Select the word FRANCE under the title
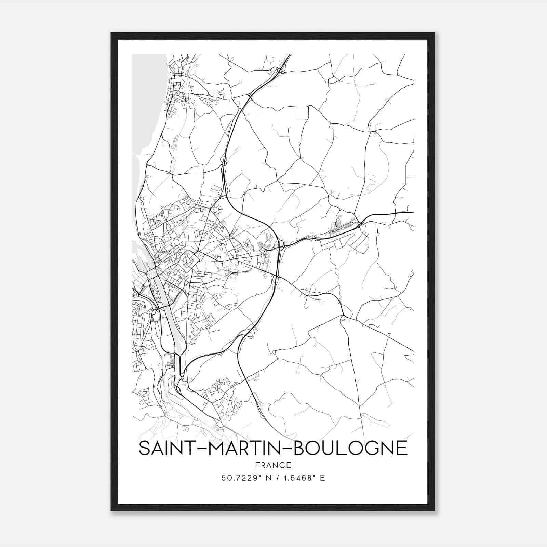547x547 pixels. (273, 465)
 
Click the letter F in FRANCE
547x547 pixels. (257, 465)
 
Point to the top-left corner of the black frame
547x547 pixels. (111, 33)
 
